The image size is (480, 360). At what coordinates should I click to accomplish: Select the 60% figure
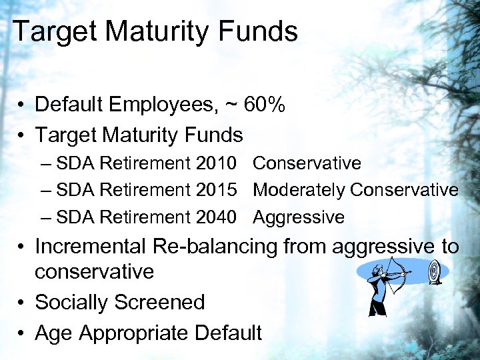tap(265, 105)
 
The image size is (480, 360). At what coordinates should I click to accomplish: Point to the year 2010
tap(216, 163)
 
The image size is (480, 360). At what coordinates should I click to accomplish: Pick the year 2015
tap(216, 190)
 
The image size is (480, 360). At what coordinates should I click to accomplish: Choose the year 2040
tap(216, 217)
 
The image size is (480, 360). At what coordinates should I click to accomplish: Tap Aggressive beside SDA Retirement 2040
tap(299, 217)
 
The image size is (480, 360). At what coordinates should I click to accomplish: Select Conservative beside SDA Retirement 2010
tap(307, 163)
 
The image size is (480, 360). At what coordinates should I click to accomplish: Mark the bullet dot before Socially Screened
tap(23, 303)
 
